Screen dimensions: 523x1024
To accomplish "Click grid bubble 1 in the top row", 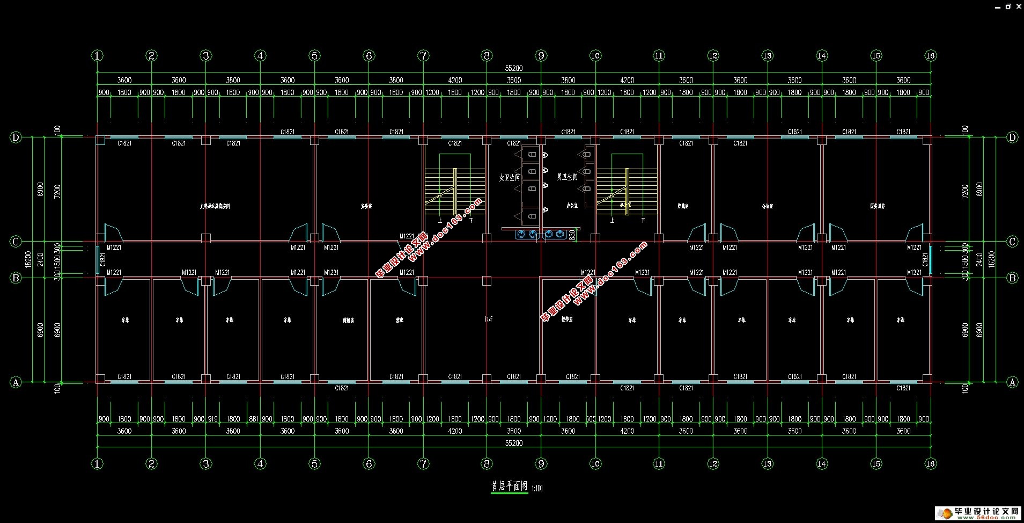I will tap(97, 55).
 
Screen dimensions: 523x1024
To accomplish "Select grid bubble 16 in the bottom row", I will tap(931, 463).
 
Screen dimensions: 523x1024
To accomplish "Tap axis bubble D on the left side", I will tap(16, 137).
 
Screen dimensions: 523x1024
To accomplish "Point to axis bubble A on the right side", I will tap(1012, 382).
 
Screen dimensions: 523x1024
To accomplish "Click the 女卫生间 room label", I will tap(509, 177).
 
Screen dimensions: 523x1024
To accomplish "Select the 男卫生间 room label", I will tap(567, 177).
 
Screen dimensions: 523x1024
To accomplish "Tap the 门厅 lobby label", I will tap(488, 319).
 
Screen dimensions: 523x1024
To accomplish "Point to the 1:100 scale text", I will tap(537, 488).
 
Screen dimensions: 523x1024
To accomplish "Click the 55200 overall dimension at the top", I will tap(513, 68).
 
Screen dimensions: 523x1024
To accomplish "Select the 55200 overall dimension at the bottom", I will tap(513, 443).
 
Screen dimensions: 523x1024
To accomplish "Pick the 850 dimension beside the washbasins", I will tap(572, 235).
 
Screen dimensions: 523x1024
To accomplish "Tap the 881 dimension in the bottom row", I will tap(253, 419).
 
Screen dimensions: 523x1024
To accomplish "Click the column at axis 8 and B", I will tap(487, 280).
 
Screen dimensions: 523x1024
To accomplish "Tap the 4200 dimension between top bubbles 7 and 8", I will tap(454, 80).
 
